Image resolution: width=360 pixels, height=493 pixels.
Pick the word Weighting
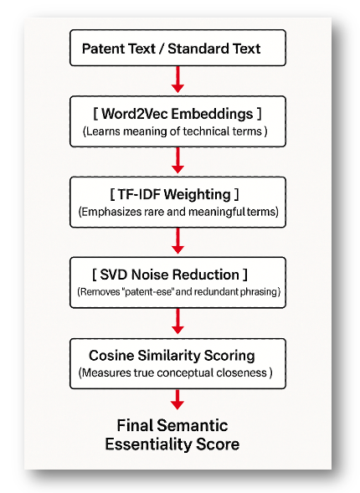[198, 195]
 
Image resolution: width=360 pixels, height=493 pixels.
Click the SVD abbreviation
[114, 275]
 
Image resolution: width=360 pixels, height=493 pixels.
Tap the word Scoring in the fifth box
[229, 357]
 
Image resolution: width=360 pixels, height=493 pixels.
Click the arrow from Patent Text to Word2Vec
[177, 80]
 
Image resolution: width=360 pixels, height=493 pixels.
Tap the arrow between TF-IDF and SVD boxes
[177, 240]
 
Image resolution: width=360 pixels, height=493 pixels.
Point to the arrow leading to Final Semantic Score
[177, 399]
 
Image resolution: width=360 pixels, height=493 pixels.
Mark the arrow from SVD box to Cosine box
[177, 321]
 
